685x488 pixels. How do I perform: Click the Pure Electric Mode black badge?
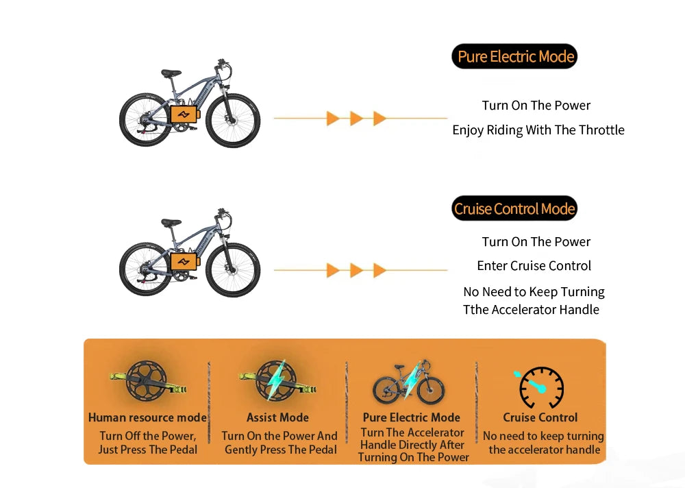pos(514,56)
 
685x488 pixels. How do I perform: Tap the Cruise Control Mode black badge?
pos(514,208)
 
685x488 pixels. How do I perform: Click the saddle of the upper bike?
pos(171,73)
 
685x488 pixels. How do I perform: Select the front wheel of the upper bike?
pos(233,120)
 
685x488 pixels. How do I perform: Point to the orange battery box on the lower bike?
pos(184,262)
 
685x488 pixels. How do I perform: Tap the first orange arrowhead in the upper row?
pos(333,118)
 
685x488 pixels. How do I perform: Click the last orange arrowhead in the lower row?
pos(379,270)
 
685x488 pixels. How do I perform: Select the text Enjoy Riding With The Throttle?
pos(538,130)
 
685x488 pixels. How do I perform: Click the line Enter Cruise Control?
pos(534,265)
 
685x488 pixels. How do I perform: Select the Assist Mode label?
pos(278,417)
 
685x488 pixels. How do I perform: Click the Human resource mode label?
pos(148,417)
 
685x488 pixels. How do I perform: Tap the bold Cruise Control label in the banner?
pos(540,417)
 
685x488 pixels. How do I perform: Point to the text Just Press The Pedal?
pos(148,450)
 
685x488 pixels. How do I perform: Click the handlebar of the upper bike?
pos(223,66)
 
